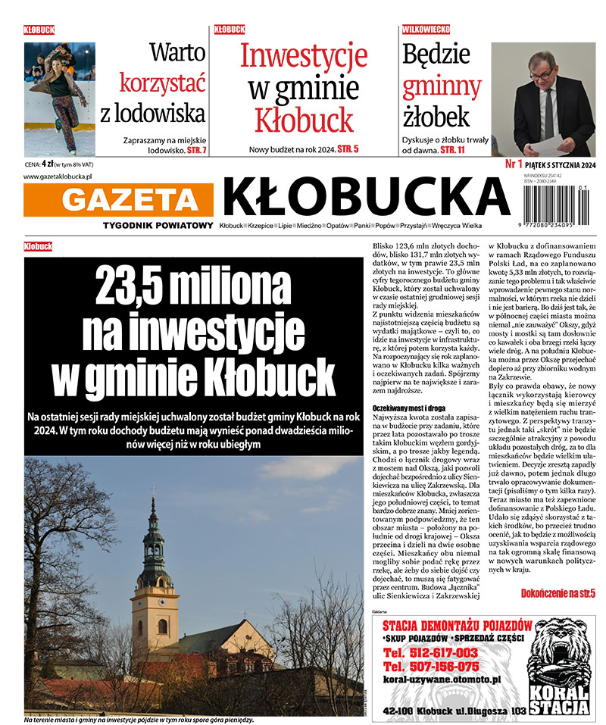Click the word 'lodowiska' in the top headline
click(x=153, y=114)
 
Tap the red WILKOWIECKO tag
click(x=426, y=30)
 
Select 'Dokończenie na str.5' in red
click(x=558, y=593)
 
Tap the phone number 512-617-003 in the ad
click(x=430, y=653)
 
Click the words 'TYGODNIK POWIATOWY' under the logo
click(x=158, y=227)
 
